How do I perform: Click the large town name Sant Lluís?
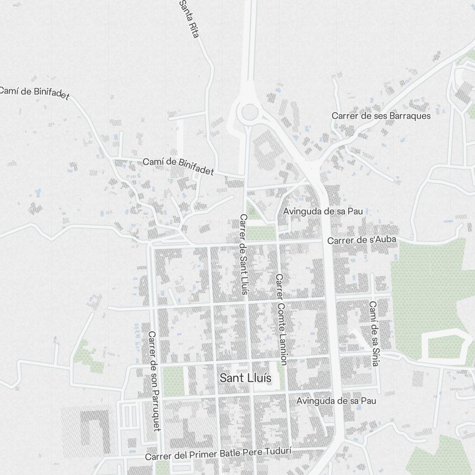pos(246,378)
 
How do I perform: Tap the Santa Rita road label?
pos(188,19)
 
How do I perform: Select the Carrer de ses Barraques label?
pos(381,115)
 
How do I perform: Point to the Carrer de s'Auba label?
pos(361,240)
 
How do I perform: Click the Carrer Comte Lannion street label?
pos(281,319)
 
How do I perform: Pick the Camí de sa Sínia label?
pos(374,333)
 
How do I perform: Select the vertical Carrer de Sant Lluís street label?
pos(244,255)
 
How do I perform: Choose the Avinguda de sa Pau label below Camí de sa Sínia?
pos(336,401)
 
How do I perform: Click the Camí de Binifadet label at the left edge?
pos(33,93)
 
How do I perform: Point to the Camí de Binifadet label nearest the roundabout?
pos(178,166)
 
